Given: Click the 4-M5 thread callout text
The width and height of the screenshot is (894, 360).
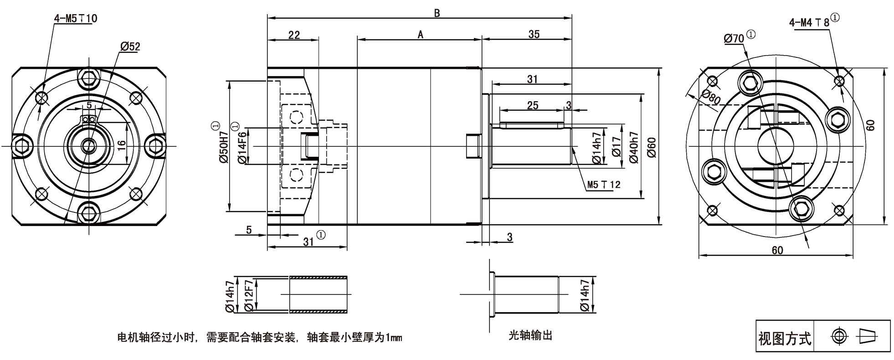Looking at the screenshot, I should point(75,18).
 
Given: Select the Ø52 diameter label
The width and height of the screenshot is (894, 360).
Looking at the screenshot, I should point(130,46).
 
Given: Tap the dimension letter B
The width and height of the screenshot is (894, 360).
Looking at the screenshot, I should point(437,13).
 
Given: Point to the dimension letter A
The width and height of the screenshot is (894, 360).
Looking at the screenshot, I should point(420,35).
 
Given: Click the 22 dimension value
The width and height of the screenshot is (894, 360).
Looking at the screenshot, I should point(294,35).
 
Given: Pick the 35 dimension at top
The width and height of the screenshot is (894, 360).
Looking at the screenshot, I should point(534,35).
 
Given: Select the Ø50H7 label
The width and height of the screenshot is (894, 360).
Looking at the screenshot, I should point(223,147).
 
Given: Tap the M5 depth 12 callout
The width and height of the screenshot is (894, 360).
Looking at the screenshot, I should point(603,185).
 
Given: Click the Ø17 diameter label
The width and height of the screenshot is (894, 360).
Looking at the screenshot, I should point(617,147).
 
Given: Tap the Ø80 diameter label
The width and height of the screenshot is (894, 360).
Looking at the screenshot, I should point(710,97).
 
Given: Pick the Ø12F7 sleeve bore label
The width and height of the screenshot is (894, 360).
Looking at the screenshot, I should point(249,295).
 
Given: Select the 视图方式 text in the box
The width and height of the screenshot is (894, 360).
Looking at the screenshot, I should point(785,339).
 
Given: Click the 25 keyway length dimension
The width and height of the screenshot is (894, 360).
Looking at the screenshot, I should point(532,105).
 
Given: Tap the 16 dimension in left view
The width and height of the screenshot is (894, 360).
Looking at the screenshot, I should point(121,145).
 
